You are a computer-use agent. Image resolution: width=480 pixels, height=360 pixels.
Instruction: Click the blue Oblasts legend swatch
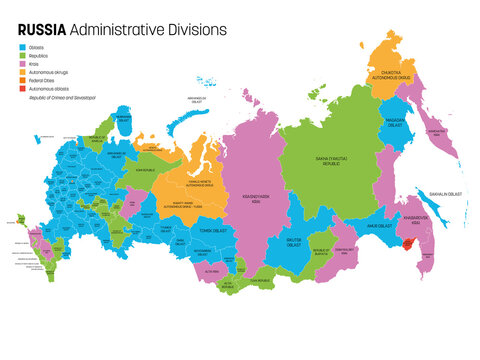[x=23, y=47]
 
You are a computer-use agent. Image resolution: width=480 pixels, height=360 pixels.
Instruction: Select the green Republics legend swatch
[x=23, y=56]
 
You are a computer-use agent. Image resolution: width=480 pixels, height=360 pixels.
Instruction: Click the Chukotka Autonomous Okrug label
[x=398, y=73]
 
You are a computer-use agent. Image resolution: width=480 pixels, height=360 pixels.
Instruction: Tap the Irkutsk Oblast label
[x=295, y=241]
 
